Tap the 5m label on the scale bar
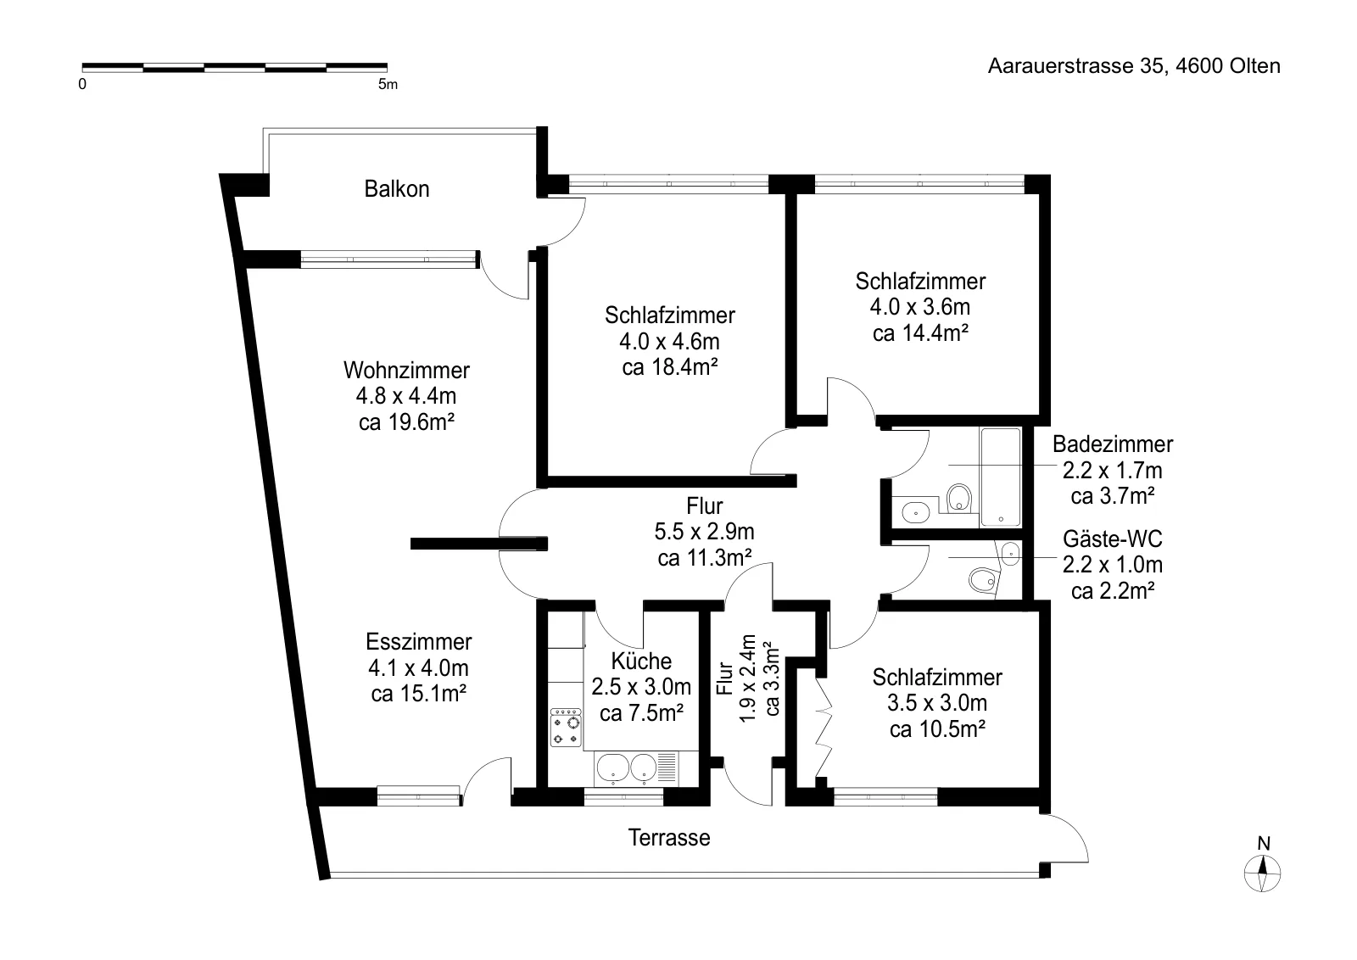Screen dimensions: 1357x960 tap(388, 84)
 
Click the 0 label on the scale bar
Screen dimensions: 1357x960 tap(82, 84)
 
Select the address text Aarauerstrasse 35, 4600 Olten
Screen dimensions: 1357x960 tap(1134, 65)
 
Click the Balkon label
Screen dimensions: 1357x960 tap(397, 189)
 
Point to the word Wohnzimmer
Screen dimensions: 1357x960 tap(406, 370)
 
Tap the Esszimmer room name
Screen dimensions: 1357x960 tap(419, 641)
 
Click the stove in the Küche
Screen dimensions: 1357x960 tap(566, 728)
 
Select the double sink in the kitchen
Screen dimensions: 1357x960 tap(627, 768)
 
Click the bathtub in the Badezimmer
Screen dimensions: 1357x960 tap(1001, 477)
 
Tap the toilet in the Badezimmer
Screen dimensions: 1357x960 tap(958, 498)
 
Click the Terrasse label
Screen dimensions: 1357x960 tap(669, 838)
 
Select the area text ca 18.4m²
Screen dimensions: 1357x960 tap(670, 367)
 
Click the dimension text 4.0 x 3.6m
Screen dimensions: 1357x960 tap(920, 307)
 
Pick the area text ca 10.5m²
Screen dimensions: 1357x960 tap(937, 728)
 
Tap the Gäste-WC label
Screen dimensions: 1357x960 tap(1112, 539)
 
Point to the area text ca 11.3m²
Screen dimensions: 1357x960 tap(705, 557)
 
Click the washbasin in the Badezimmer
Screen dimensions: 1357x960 tap(915, 512)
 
